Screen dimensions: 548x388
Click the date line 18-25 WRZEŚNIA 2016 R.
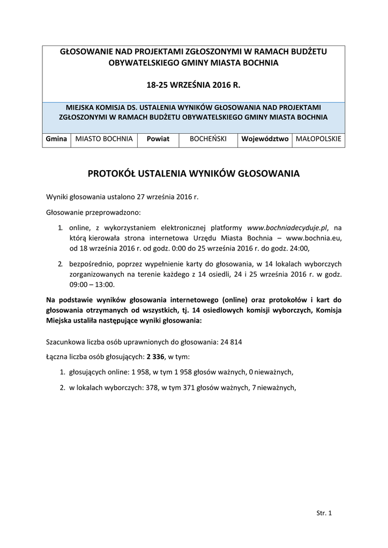point(193,85)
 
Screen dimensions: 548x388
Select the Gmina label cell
point(56,139)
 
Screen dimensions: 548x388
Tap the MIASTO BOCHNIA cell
point(104,139)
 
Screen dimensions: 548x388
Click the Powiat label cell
point(159,139)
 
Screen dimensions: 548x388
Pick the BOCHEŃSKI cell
point(208,139)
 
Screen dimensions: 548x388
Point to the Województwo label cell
point(265,139)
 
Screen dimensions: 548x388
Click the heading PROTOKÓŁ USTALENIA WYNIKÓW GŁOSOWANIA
point(193,174)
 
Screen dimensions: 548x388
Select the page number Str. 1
point(324,513)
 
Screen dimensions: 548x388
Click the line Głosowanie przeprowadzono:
point(93,212)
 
